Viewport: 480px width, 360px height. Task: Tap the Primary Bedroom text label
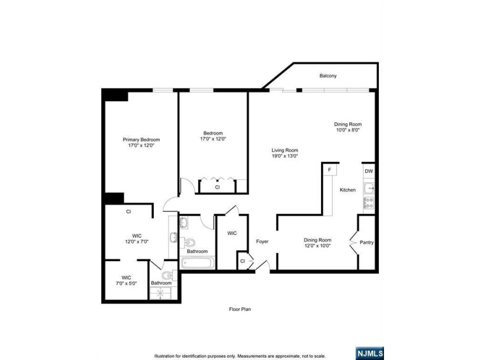[141, 139]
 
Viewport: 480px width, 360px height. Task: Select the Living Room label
[285, 150]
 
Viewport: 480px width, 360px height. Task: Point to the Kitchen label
[348, 190]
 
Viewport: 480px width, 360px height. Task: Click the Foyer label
[262, 242]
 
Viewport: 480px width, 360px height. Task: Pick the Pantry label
[366, 242]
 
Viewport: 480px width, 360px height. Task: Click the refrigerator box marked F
[330, 170]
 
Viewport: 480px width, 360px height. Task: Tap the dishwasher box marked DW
[369, 170]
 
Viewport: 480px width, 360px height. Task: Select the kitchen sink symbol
[369, 187]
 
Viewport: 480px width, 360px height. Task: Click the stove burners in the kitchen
[369, 202]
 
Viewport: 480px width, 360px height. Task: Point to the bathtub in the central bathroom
[198, 263]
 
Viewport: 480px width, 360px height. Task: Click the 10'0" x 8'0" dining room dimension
[348, 130]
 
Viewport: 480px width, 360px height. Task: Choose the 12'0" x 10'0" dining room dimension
[317, 246]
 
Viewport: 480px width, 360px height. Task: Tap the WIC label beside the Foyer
[232, 233]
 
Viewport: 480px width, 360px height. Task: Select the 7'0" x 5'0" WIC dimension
[126, 283]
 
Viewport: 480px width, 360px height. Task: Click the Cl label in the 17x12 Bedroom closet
[217, 187]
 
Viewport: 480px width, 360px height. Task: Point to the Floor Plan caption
[239, 309]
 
